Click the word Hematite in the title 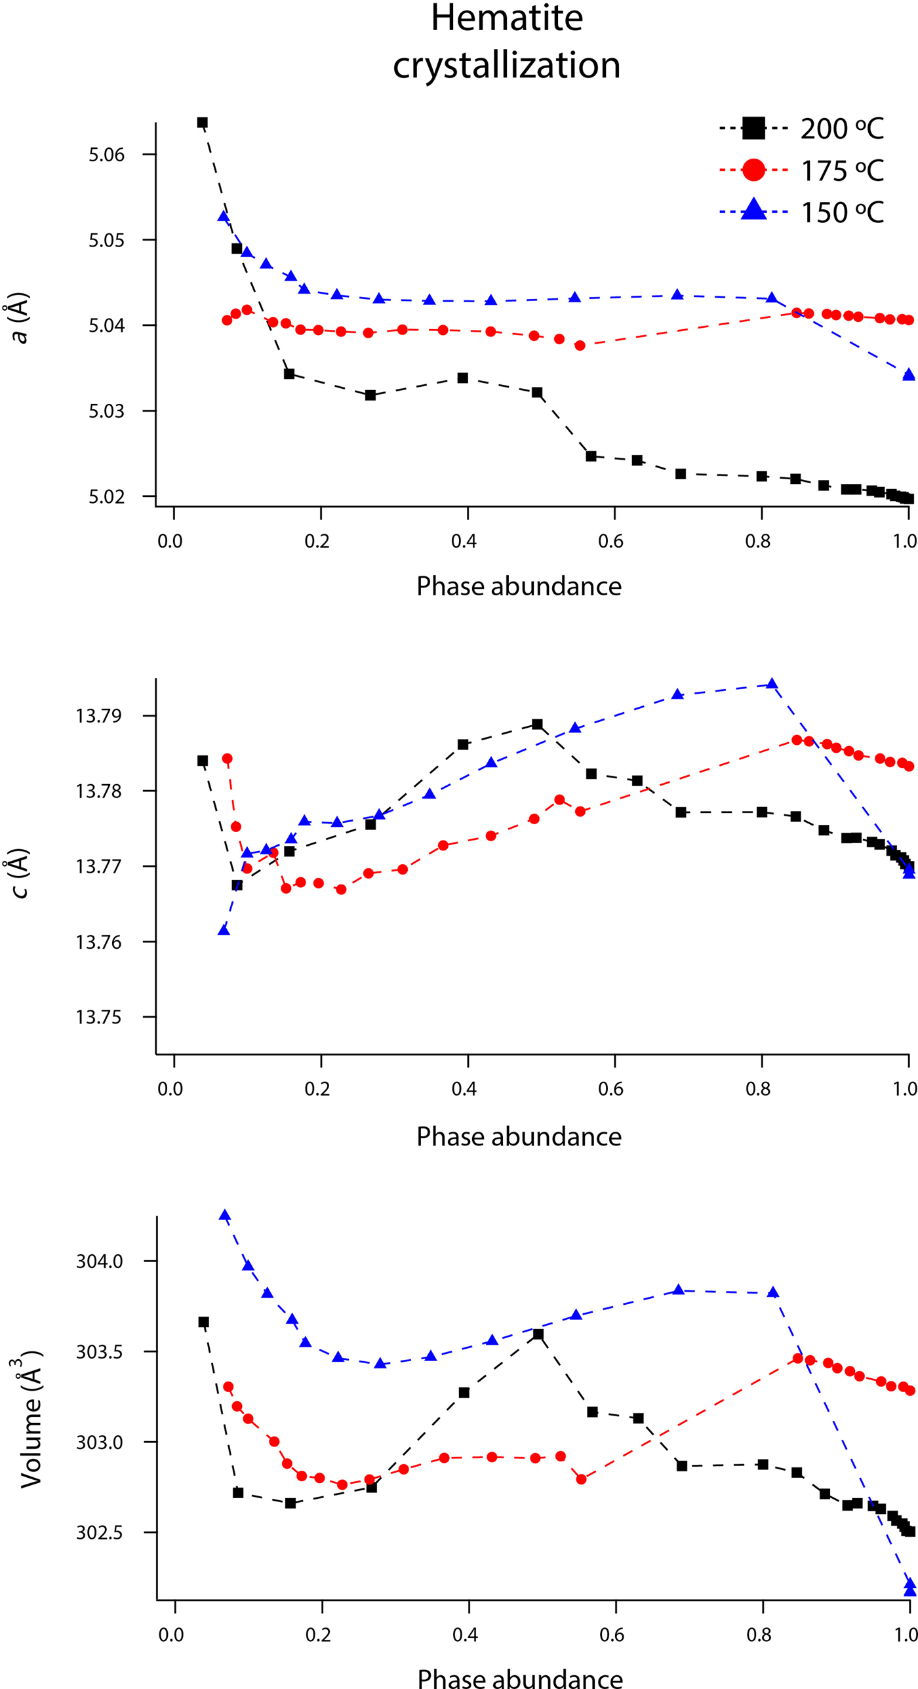(x=506, y=18)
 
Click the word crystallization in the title (x=506, y=66)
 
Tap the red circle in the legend (x=753, y=170)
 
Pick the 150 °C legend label (x=842, y=213)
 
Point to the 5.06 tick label (x=106, y=155)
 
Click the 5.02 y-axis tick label (x=106, y=497)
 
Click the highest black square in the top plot (x=203, y=123)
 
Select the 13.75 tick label (x=98, y=1018)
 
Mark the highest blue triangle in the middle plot (x=772, y=685)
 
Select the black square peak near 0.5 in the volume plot (x=538, y=1334)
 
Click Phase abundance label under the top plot (x=519, y=586)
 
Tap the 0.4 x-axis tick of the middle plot (x=464, y=1089)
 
